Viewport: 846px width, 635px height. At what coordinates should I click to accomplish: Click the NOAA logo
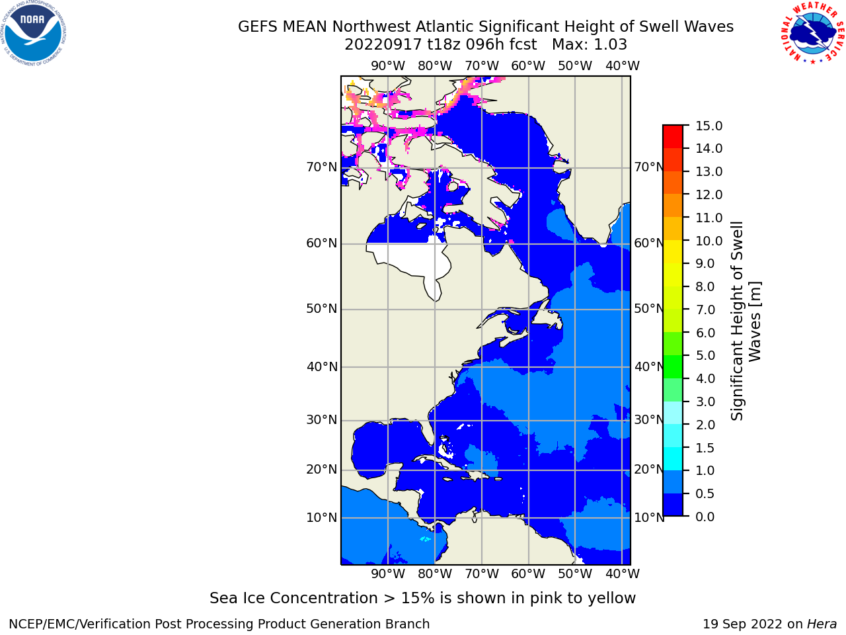[x=33, y=33]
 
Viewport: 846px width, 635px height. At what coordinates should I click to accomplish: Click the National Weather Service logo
[x=813, y=33]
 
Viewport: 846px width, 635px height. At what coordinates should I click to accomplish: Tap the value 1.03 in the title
[x=611, y=45]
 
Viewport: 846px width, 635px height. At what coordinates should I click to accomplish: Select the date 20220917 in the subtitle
[x=383, y=45]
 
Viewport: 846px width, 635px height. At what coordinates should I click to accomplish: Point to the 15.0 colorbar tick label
[x=709, y=126]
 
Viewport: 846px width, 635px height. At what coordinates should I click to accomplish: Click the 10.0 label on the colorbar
[x=709, y=241]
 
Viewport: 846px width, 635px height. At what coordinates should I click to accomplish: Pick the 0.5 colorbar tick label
[x=705, y=494]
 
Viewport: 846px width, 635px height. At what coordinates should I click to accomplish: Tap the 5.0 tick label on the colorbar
[x=705, y=355]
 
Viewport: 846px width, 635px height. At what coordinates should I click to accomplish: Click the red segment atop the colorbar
[x=673, y=136]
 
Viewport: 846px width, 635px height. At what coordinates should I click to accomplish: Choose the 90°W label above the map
[x=388, y=66]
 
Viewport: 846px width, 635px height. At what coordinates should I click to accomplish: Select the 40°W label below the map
[x=623, y=573]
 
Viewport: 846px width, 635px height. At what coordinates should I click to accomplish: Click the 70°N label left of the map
[x=321, y=167]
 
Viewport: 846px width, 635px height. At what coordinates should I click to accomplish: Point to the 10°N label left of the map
[x=321, y=517]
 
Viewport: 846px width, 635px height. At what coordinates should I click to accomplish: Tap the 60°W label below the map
[x=528, y=573]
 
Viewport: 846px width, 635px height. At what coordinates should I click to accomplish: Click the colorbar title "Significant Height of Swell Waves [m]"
[x=746, y=321]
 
